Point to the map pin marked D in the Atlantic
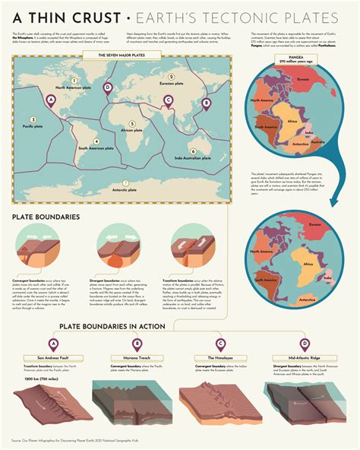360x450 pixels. tap(107, 88)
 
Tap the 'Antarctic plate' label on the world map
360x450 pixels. tap(126, 189)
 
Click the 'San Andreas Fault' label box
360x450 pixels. tap(53, 357)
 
